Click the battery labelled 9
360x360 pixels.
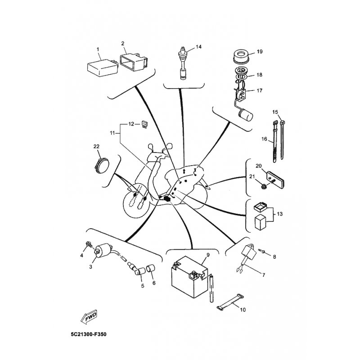[x=188, y=279]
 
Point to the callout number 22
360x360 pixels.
[x=96, y=146]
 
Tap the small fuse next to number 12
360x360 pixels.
[x=144, y=124]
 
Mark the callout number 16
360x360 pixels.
[x=265, y=139]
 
